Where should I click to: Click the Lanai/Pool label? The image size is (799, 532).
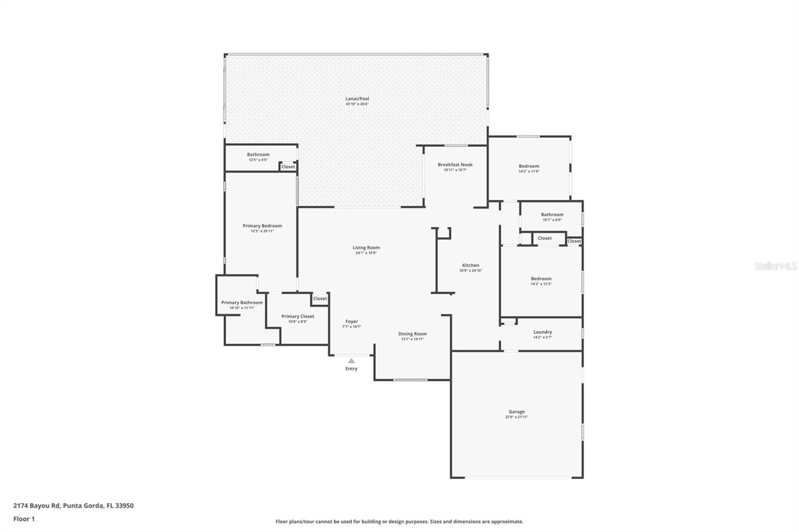coord(357,99)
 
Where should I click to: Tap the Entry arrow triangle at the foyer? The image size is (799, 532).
coord(351,361)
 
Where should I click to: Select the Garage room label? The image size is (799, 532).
coord(516,412)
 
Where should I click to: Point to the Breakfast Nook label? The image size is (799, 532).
coord(455,165)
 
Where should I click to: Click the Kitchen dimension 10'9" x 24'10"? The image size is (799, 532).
coord(470,270)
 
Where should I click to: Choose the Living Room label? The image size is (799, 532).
coord(366,248)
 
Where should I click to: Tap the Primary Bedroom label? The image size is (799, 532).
coord(262,226)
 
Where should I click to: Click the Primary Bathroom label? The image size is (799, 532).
coord(242,302)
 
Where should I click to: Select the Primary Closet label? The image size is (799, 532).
coord(298,316)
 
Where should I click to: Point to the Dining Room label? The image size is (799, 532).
coord(412,334)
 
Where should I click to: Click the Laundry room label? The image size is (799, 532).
coord(542,332)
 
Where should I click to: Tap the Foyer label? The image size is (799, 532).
coord(352,321)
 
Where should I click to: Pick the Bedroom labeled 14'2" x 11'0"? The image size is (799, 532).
coord(529,166)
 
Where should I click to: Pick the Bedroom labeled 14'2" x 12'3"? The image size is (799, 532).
coord(541,279)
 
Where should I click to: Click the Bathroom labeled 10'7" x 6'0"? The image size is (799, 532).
coord(552,215)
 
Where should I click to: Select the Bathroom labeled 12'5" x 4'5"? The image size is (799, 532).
coord(258,155)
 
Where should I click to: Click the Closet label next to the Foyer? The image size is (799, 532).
coord(320,298)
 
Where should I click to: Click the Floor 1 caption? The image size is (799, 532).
coord(24,519)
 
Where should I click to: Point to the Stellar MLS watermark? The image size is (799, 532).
coord(775,266)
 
